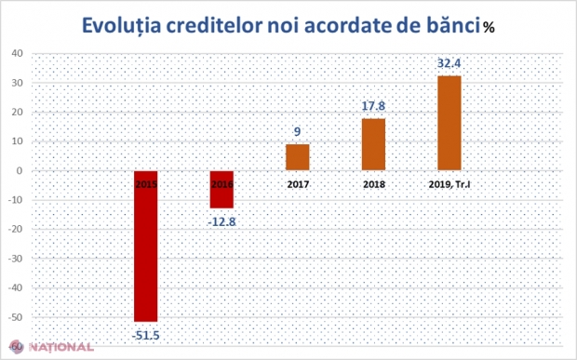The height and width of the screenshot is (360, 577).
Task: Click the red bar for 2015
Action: pyautogui.click(x=146, y=247)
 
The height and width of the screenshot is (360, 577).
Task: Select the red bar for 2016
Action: pyautogui.click(x=221, y=190)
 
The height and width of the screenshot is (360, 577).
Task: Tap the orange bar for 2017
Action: pyautogui.click(x=297, y=158)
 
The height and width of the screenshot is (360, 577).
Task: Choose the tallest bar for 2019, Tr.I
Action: pyautogui.click(x=449, y=124)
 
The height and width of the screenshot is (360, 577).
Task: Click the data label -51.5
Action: pyautogui.click(x=146, y=333)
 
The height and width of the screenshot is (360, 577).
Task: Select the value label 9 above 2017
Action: pyautogui.click(x=297, y=133)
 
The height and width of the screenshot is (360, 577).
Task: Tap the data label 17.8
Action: pyautogui.click(x=373, y=107)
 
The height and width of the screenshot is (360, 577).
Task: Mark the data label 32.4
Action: pyautogui.click(x=449, y=63)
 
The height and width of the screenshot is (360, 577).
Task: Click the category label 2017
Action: pyautogui.click(x=297, y=184)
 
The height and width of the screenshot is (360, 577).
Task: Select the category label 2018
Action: pyautogui.click(x=373, y=184)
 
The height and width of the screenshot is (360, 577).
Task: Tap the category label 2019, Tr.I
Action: pyautogui.click(x=449, y=184)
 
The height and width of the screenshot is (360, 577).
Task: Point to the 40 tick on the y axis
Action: pyautogui.click(x=18, y=54)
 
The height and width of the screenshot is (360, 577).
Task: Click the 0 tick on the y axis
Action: pyautogui.click(x=20, y=171)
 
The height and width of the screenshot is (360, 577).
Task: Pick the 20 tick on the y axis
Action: pyautogui.click(x=18, y=113)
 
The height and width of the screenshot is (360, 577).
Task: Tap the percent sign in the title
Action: pyautogui.click(x=489, y=27)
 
